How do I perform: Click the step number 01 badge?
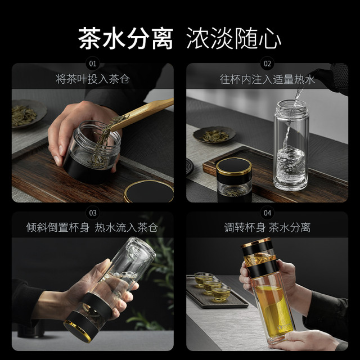point(93,64)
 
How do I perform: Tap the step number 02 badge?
point(267,64)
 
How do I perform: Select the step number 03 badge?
point(93,213)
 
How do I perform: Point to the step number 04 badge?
point(267,213)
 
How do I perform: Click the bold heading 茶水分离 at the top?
point(125,38)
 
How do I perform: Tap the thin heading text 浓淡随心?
point(234,38)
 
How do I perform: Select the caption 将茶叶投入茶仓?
point(93,79)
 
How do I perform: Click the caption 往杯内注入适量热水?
point(267,80)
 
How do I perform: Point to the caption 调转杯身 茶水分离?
point(267,227)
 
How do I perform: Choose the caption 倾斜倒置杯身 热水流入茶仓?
point(92,227)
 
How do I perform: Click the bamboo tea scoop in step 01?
point(142,114)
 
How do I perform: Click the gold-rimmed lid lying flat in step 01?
point(148,191)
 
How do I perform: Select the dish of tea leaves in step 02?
point(214,135)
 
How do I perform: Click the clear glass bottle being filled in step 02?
point(291,145)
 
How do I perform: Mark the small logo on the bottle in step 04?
point(283,326)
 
